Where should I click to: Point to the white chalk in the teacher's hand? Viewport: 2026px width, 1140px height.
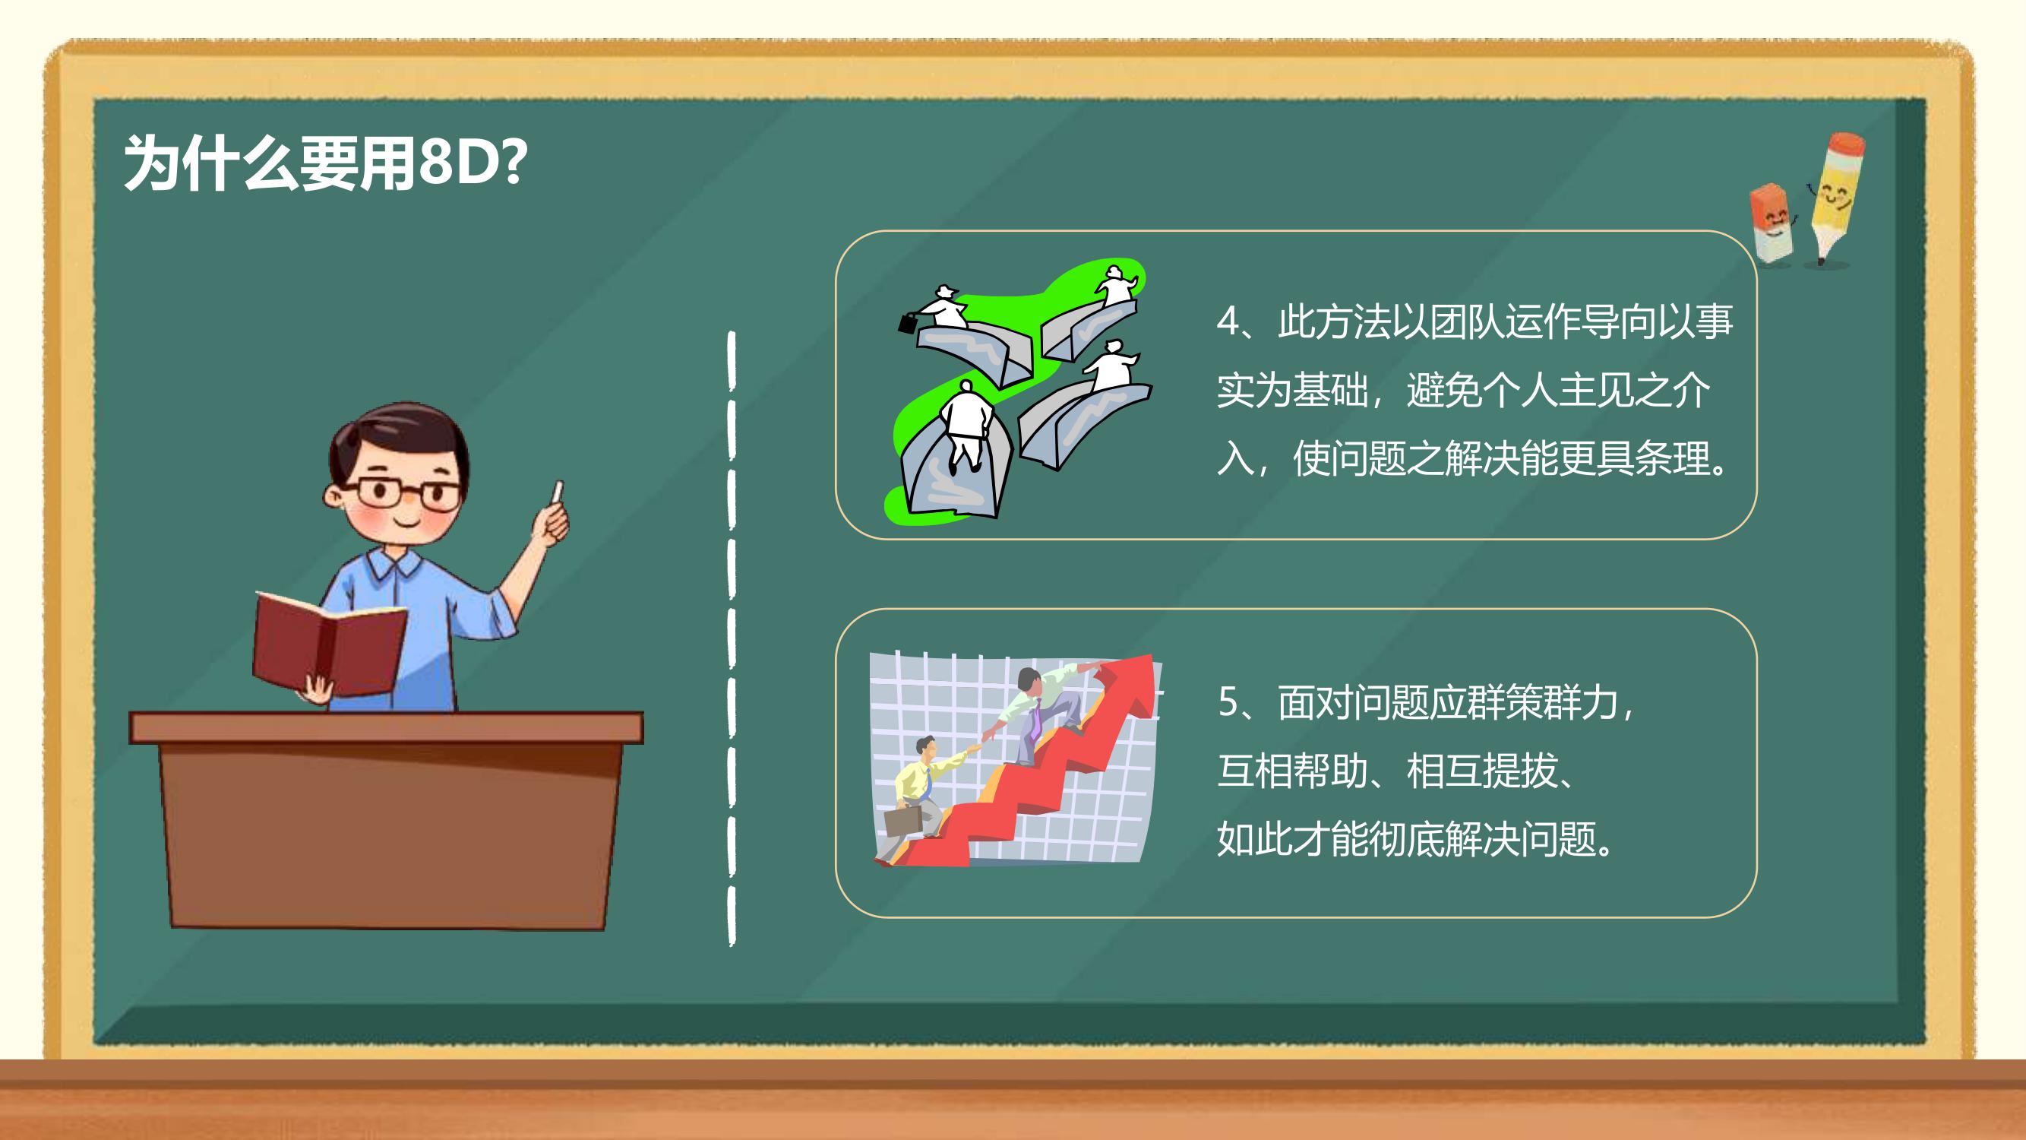558,492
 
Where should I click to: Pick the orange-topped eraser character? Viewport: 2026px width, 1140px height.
1772,223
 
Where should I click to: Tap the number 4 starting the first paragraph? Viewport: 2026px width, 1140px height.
1227,321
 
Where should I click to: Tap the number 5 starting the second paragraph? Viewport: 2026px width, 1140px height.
1228,701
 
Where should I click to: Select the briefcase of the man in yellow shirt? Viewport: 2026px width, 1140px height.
903,821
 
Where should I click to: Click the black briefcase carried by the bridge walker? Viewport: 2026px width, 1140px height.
908,322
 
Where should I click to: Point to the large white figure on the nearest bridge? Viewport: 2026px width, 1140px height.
966,425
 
